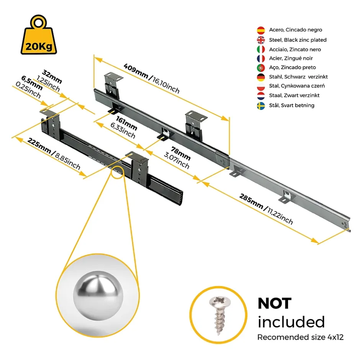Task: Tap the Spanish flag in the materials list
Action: click(261, 30)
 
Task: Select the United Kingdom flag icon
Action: click(261, 40)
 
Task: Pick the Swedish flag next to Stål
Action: click(261, 106)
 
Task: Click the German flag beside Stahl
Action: click(261, 77)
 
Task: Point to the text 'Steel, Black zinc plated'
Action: click(298, 40)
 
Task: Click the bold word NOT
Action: click(274, 304)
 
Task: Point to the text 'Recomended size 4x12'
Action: click(300, 337)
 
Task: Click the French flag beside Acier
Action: click(261, 59)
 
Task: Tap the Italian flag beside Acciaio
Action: click(261, 49)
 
